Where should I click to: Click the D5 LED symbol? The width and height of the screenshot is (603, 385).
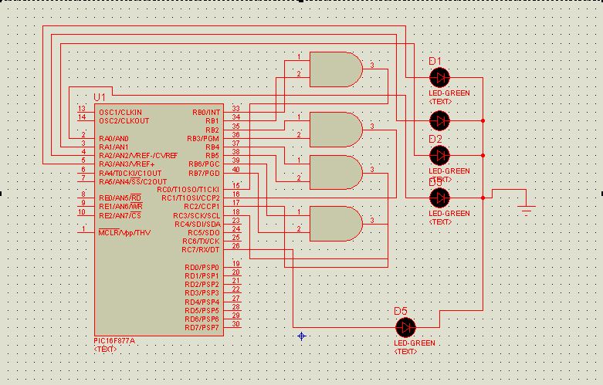click(x=405, y=326)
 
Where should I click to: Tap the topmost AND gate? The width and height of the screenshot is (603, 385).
click(x=336, y=69)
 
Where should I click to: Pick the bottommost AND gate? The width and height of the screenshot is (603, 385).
click(x=336, y=224)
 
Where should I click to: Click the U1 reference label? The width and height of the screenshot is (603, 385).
click(x=99, y=97)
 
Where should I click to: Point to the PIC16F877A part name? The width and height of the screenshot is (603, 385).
click(x=114, y=341)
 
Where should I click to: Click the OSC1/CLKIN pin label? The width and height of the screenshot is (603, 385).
click(x=120, y=112)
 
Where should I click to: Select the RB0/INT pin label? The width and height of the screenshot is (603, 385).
click(x=206, y=112)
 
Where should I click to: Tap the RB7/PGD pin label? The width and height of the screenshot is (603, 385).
click(x=205, y=172)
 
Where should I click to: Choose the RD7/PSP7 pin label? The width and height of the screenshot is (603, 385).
click(x=202, y=327)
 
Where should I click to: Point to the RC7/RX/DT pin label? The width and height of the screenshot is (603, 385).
click(x=201, y=249)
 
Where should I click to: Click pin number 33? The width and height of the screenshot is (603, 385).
click(x=235, y=109)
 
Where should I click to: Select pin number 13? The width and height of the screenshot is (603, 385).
click(x=82, y=109)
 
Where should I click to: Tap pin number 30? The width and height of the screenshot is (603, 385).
click(x=235, y=324)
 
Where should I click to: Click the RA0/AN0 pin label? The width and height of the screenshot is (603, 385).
click(x=114, y=138)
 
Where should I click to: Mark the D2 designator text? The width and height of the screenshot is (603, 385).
click(x=435, y=139)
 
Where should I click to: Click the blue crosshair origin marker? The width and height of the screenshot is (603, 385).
click(x=302, y=336)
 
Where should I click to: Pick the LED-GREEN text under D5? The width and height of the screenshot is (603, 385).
click(x=415, y=343)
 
